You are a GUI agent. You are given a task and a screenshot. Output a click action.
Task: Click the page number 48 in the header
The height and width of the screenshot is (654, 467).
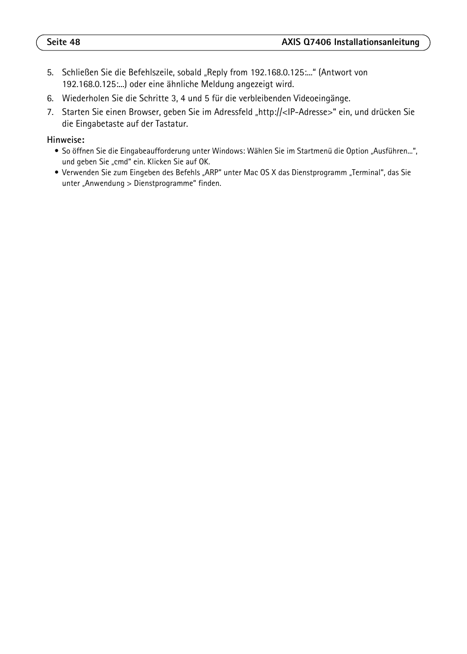click(x=74, y=42)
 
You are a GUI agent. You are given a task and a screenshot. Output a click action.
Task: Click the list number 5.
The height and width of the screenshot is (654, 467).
click(x=49, y=73)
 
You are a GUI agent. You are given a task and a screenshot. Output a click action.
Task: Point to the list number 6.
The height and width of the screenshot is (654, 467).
click(x=49, y=99)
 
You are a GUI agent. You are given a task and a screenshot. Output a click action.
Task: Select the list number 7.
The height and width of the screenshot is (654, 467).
click(x=49, y=113)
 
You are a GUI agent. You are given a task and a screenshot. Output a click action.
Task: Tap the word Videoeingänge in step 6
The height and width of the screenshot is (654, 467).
click(x=321, y=99)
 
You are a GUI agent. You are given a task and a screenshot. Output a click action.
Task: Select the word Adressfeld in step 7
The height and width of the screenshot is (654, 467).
click(x=233, y=113)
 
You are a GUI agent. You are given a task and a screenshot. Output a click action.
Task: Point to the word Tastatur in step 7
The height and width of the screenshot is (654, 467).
click(x=171, y=124)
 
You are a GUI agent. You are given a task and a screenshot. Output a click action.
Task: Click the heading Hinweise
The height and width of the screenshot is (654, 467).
click(x=65, y=140)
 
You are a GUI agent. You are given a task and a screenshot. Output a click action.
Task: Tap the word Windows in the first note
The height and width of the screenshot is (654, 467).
click(x=228, y=151)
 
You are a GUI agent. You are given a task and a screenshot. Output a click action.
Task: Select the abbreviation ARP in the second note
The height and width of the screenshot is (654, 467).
click(x=212, y=173)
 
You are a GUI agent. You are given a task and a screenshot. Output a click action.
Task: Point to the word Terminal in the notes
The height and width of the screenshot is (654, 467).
click(x=367, y=173)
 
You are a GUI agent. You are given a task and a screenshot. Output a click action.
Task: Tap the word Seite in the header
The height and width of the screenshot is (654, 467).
click(x=56, y=42)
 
